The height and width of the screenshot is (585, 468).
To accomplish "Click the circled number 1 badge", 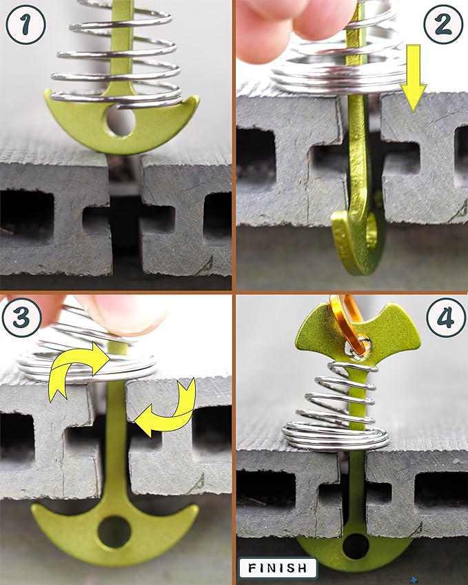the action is (26, 25).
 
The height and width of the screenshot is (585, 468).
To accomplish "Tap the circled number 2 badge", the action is (443, 25).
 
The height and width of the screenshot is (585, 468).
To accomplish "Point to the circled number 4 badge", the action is (447, 318).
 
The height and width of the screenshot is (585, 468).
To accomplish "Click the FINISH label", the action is (278, 568).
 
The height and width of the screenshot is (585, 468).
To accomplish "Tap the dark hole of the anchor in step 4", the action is (356, 546).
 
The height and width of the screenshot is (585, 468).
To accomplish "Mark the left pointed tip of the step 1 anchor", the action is (46, 92).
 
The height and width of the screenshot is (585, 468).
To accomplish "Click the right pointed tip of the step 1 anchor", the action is (197, 98).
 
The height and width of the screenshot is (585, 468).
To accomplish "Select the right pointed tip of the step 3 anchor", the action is (196, 507).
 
